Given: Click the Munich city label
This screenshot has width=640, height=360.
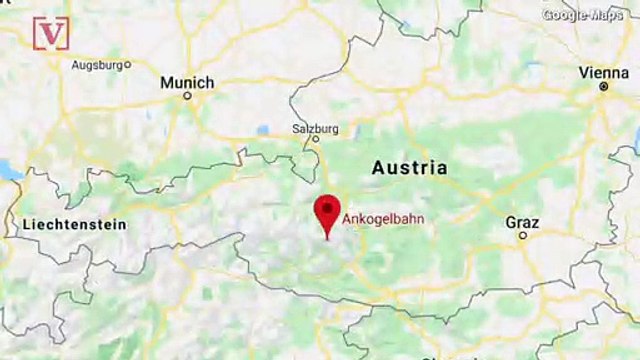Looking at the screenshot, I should [x=187, y=82].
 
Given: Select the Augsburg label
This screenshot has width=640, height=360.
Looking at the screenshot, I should [x=96, y=65].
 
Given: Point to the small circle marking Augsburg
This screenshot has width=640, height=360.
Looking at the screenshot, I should [x=127, y=65].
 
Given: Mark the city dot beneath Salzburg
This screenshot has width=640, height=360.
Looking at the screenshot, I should [x=314, y=140].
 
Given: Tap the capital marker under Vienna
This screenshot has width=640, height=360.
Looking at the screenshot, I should [x=603, y=87].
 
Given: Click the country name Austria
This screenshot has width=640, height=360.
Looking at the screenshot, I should [x=409, y=167].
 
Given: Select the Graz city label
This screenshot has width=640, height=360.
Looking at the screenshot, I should [x=521, y=221].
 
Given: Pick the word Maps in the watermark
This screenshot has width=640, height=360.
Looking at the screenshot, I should [x=605, y=15].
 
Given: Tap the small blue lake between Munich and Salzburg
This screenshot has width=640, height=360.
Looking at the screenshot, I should [x=263, y=130].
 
